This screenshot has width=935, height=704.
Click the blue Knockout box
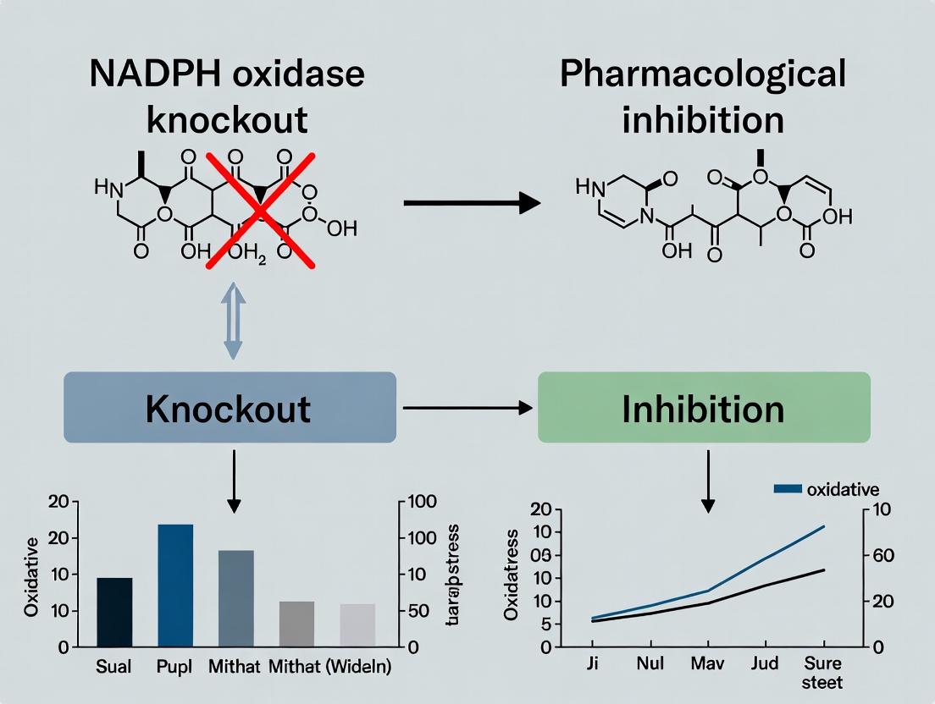[x=230, y=407]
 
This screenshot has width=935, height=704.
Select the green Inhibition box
[x=704, y=407]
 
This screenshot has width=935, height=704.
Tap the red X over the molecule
[x=259, y=211]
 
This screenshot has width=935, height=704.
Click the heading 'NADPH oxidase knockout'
[x=227, y=96]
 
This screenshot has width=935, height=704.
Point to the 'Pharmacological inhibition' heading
[x=703, y=96]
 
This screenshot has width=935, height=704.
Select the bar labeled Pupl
[x=175, y=585]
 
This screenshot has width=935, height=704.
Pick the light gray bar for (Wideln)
[x=357, y=625]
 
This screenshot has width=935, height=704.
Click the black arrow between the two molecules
[x=472, y=203]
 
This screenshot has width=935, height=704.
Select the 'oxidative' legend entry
[x=827, y=489]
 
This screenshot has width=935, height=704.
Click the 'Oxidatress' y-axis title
[x=511, y=575]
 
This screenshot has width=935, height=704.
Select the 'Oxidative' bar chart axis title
[x=31, y=575]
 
